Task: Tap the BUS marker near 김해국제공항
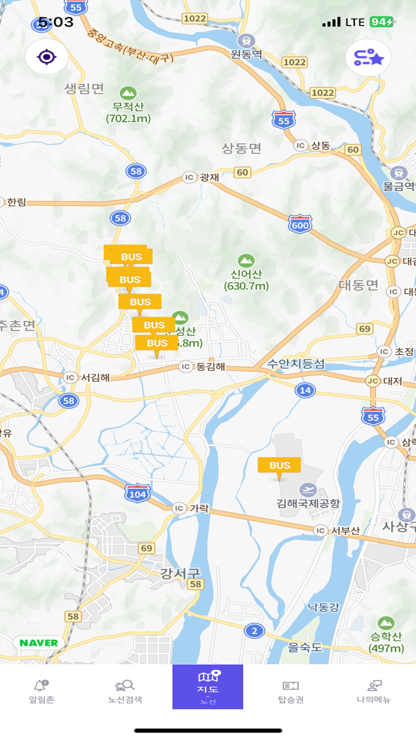(279, 466)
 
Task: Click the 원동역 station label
(247, 54)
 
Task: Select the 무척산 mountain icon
(128, 93)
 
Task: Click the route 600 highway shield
(300, 224)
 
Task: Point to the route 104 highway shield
(137, 494)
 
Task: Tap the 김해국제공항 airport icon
(308, 490)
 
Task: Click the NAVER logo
(39, 642)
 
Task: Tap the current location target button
(46, 57)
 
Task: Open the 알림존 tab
(42, 692)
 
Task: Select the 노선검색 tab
(125, 692)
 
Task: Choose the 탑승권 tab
(291, 692)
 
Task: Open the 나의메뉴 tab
(374, 692)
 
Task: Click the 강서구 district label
(180, 573)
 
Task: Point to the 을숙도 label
(305, 647)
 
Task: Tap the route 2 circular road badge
(254, 631)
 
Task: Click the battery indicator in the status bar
(381, 22)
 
